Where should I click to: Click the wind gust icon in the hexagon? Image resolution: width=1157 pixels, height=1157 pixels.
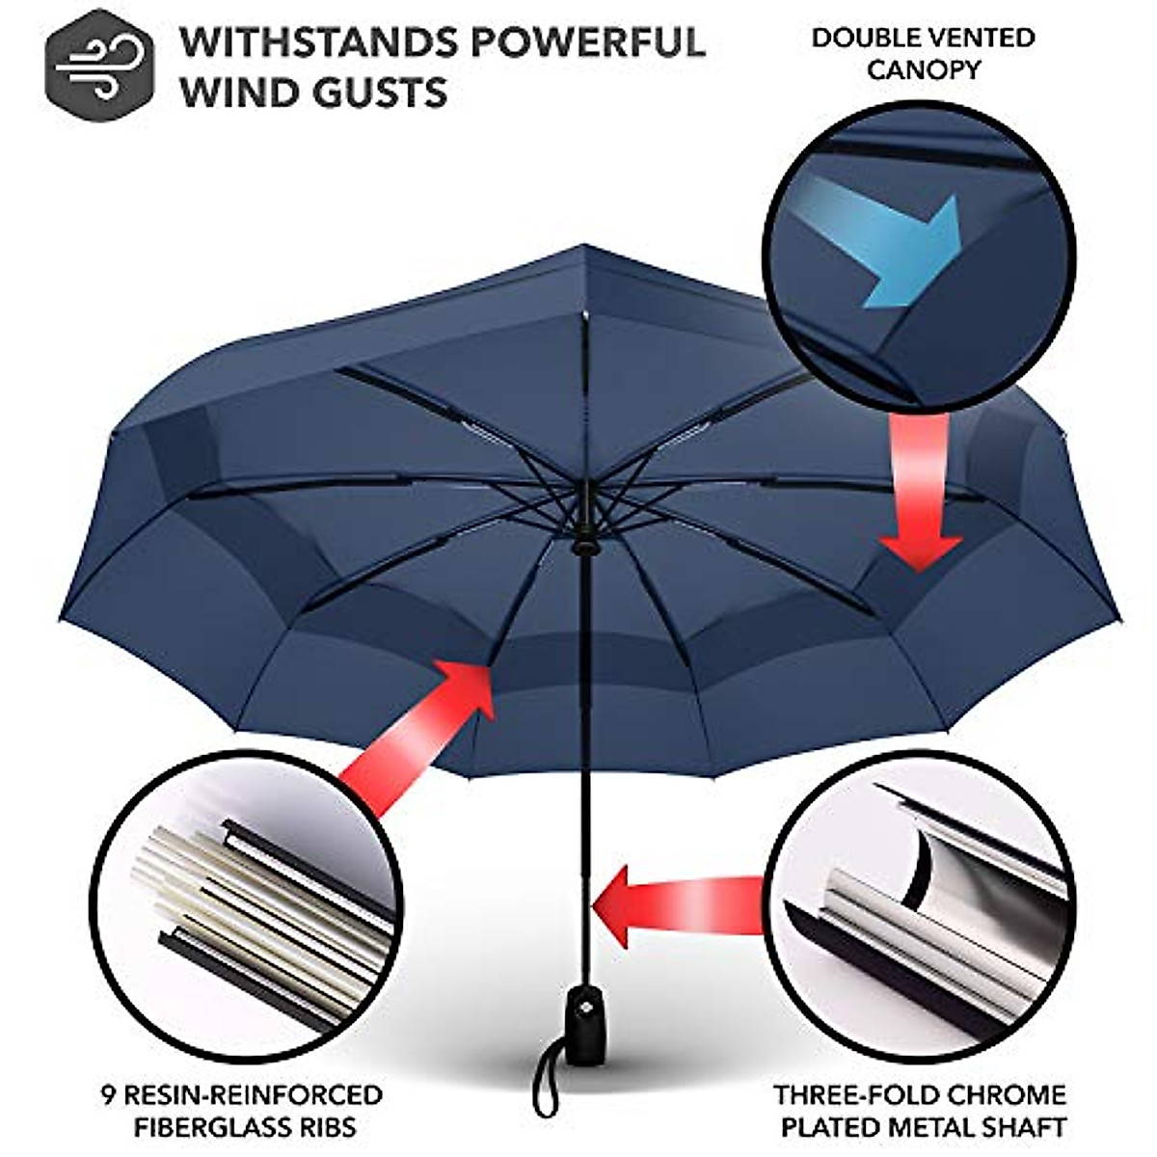point(98,65)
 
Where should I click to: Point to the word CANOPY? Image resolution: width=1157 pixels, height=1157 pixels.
point(923,69)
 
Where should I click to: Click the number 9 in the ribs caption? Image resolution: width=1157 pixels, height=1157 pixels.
point(108,1095)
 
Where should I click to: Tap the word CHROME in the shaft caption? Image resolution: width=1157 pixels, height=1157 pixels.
point(1003,1095)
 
